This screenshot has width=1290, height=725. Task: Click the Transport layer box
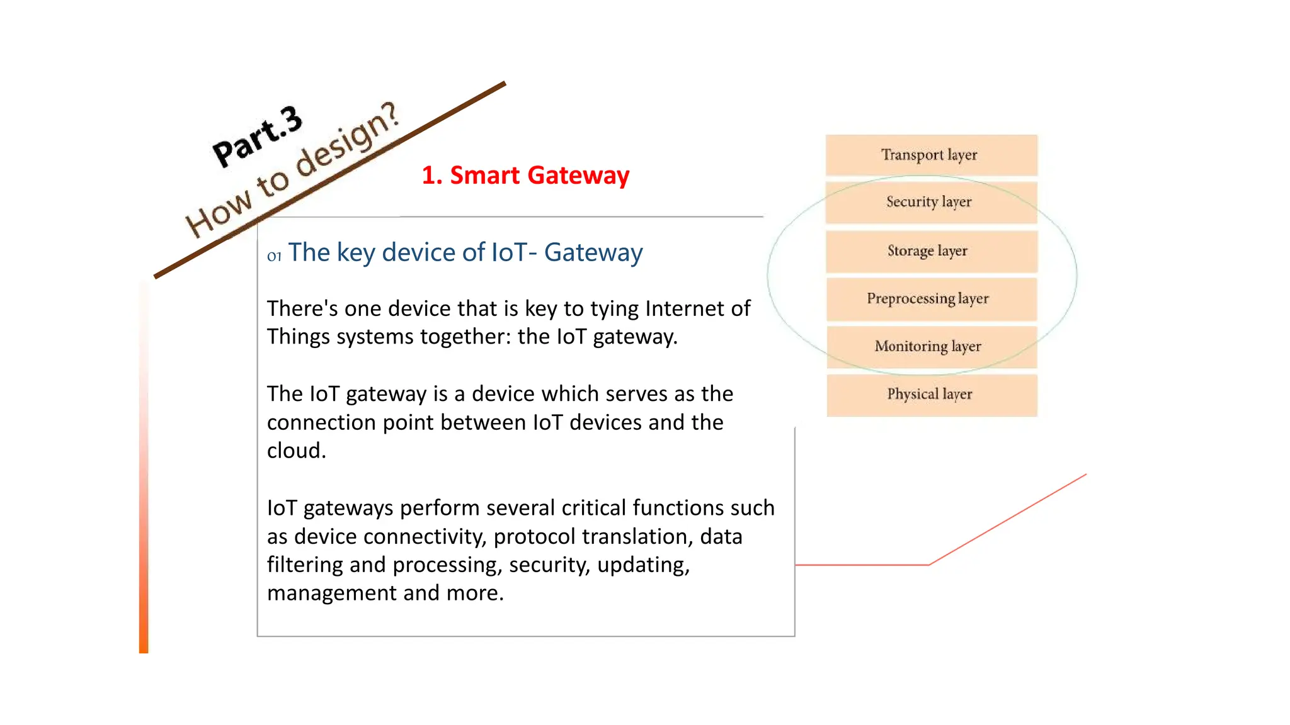pos(931,155)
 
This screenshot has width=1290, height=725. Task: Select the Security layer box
pos(931,202)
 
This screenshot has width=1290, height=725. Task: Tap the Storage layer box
pos(931,251)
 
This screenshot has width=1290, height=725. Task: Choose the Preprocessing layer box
pos(931,299)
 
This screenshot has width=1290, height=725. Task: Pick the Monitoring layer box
pos(931,347)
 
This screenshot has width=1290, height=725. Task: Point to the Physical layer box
pos(931,395)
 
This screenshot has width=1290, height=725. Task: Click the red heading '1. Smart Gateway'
pos(525,175)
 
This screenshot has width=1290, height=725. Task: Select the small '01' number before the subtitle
pos(274,256)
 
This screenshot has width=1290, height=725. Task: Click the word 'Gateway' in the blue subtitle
pos(593,252)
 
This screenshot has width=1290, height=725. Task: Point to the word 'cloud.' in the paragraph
pos(297,451)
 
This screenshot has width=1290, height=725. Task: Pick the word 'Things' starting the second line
pos(298,337)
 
